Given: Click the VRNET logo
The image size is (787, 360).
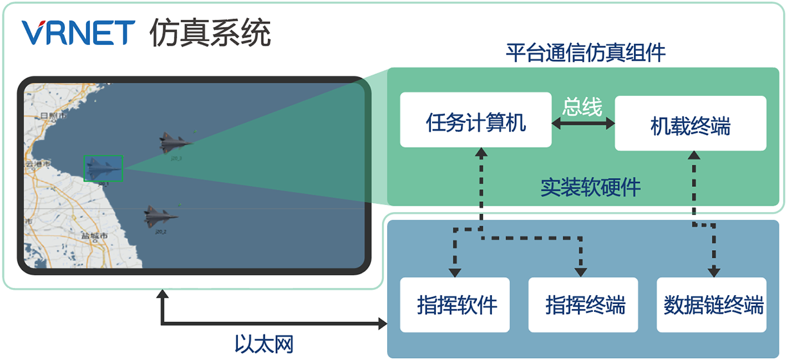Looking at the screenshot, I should pos(77,32).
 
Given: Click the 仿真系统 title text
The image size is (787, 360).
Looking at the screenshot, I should pos(210,32).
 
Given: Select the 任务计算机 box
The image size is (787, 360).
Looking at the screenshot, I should pos(476,120).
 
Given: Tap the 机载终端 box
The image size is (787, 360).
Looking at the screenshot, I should pos(691,123).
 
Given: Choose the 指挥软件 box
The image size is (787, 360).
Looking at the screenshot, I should pos(455,305).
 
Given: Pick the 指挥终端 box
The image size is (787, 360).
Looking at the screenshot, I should pos(583,305).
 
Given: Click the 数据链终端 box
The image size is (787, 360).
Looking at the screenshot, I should pos(712,305).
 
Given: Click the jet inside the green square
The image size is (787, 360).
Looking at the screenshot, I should pos(103,168).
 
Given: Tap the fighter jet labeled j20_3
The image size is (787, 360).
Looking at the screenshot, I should pos(174,143).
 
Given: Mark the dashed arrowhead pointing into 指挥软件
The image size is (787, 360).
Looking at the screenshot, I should pos(455,271).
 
